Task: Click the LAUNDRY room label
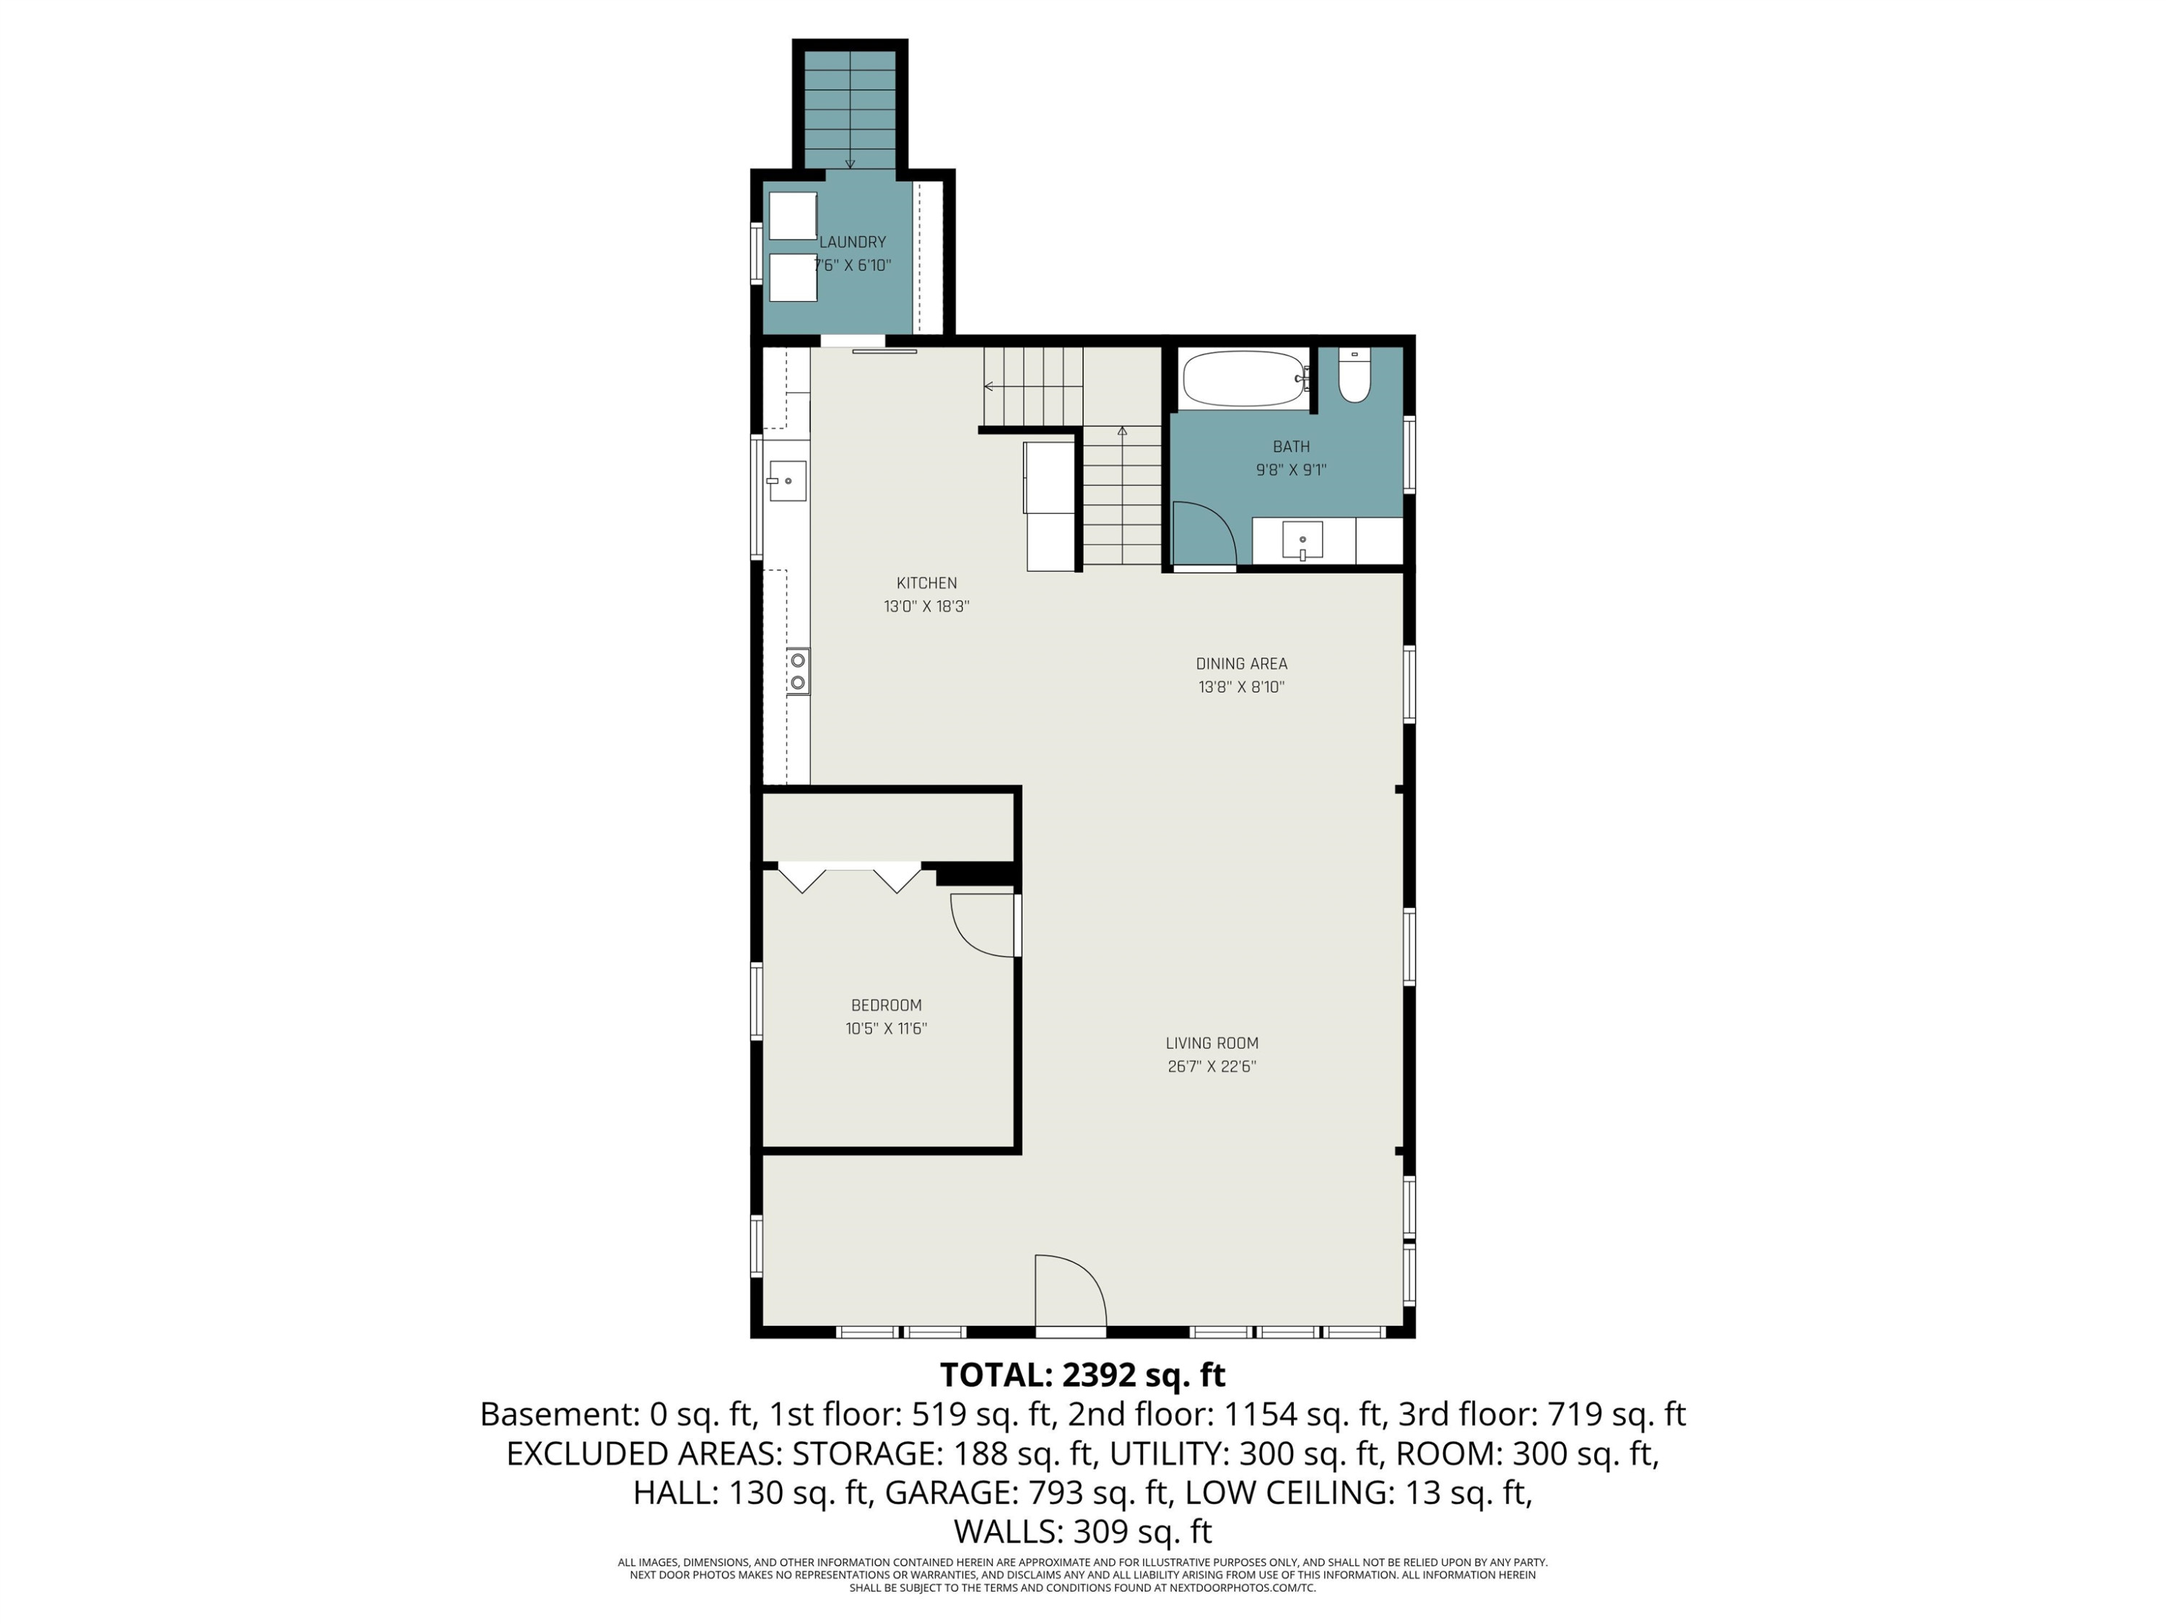[x=852, y=242]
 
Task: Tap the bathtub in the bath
[x=1245, y=378]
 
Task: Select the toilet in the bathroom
[x=1354, y=376]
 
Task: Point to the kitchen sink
[x=787, y=481]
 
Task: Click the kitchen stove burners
[x=798, y=671]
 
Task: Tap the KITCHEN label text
[x=926, y=583]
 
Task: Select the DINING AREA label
[x=1242, y=664]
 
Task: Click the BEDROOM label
[x=886, y=1005]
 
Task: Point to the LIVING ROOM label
[x=1212, y=1044]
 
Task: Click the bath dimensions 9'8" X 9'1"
[x=1292, y=470]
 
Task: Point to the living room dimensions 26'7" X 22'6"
[x=1212, y=1067]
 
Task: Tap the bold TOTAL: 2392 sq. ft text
[x=1082, y=1376]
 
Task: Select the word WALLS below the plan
[x=1009, y=1531]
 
